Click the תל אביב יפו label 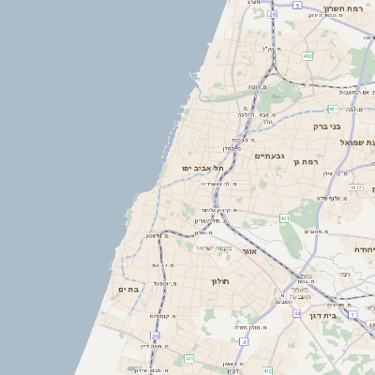(x=201, y=168)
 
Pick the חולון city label (x=220, y=280)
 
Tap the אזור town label (x=249, y=251)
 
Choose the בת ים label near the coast (x=128, y=290)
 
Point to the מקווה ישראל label (x=213, y=247)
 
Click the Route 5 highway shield (x=297, y=5)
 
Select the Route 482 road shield (x=307, y=56)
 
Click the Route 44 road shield (x=297, y=313)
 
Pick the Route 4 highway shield (x=242, y=342)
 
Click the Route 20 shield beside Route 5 (x=272, y=15)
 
